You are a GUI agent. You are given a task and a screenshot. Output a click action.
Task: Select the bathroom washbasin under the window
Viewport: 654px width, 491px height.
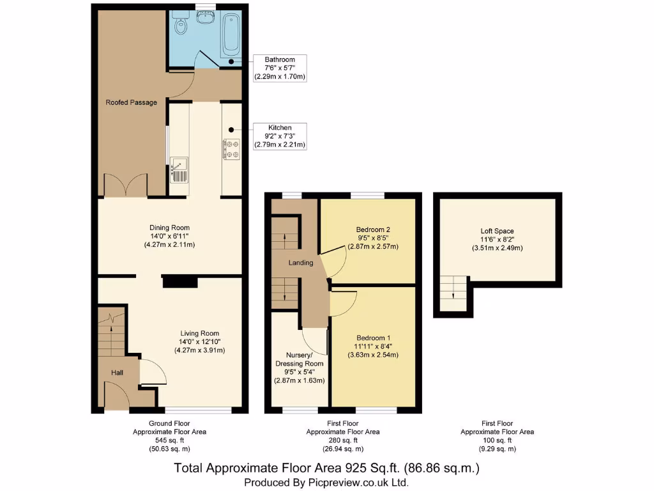205,17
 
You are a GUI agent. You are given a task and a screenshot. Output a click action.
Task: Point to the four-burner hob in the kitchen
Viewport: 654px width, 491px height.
231,149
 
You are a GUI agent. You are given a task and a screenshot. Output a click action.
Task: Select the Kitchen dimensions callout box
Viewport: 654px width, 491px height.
280,136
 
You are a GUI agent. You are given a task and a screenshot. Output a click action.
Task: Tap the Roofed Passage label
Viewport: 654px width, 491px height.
132,102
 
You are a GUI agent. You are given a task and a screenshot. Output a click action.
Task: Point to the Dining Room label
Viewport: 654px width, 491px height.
169,228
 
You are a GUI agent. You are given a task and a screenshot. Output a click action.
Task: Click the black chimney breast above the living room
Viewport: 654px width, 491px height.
180,281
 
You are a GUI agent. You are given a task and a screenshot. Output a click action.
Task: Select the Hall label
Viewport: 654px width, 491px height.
117,373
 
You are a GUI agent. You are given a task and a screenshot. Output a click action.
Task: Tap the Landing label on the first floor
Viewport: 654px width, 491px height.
301,263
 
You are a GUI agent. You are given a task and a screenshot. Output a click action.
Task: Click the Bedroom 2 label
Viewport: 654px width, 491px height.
373,230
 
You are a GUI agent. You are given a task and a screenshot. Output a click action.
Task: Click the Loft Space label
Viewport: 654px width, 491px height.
497,231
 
